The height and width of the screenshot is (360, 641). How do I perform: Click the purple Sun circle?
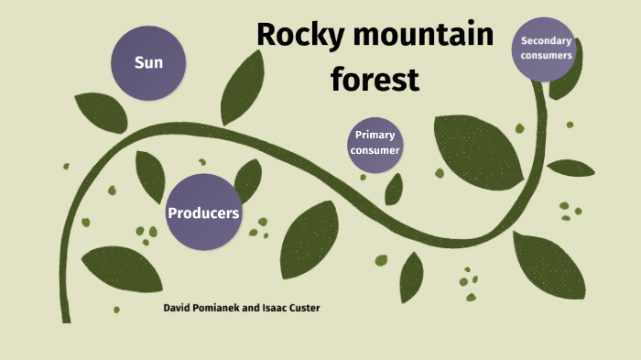tap(149, 62)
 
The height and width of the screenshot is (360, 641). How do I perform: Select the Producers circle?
tap(203, 212)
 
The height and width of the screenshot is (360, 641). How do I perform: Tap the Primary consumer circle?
tap(375, 144)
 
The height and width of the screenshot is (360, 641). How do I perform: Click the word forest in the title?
tap(375, 80)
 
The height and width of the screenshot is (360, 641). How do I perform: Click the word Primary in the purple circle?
tap(375, 136)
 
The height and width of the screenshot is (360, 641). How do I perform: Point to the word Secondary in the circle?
tap(547, 40)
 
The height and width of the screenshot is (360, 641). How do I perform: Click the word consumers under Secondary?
tap(547, 55)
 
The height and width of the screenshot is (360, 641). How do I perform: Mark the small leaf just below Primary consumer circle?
tap(394, 190)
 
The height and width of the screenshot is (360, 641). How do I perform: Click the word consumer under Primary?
tap(375, 151)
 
